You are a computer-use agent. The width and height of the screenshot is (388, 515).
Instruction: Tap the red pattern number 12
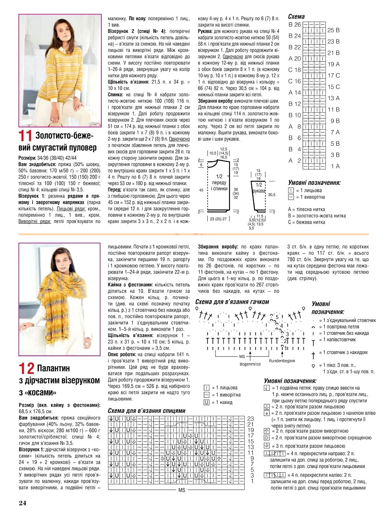tap(26, 368)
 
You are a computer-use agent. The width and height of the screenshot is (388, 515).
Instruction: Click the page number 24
tap(23, 503)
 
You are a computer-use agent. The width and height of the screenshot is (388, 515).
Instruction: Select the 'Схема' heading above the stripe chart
tap(296, 16)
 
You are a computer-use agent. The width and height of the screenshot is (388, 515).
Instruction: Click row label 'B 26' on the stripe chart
tap(295, 24)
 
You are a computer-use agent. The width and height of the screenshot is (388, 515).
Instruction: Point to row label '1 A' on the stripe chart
tap(335, 166)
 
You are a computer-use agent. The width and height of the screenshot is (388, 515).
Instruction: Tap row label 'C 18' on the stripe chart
tap(295, 70)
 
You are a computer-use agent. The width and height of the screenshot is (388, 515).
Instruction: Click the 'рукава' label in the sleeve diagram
tap(259, 191)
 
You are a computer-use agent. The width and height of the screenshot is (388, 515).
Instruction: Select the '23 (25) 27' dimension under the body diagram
tap(218, 219)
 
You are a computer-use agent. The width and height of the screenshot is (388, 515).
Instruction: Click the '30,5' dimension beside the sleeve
tap(271, 195)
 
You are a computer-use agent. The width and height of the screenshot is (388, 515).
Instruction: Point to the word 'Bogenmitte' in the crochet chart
tap(250, 364)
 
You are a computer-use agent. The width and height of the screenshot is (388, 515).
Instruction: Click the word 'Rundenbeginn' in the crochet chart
tap(282, 361)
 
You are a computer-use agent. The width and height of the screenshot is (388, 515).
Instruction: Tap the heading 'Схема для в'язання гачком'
tap(232, 302)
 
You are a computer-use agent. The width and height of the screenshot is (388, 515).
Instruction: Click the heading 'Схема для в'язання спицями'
tap(146, 411)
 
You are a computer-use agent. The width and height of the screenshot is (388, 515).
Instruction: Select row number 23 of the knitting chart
tap(251, 419)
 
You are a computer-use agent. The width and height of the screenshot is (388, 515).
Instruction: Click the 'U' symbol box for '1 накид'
tap(207, 402)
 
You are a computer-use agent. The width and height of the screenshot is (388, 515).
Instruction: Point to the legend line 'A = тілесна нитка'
tap(306, 209)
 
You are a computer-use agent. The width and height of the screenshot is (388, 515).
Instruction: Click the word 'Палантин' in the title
tap(54, 368)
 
